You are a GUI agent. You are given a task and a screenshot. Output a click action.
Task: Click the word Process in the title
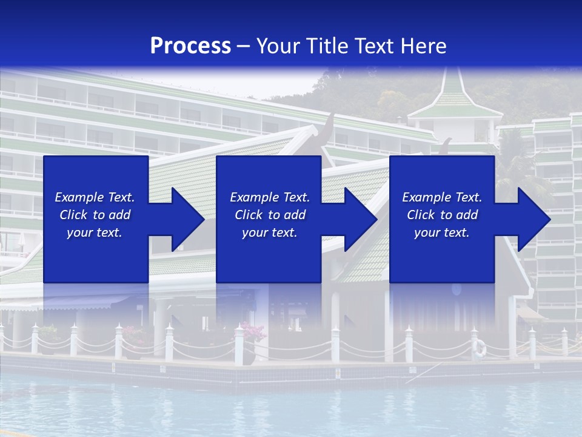point(190,46)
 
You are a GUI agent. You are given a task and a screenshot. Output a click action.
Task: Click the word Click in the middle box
point(249,215)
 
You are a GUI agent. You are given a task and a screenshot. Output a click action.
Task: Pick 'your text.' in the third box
point(441,232)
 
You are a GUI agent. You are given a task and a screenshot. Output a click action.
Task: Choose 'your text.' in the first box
point(95,232)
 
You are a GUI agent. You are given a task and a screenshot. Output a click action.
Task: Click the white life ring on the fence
point(480,347)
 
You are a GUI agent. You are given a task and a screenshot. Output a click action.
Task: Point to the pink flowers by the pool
point(253,332)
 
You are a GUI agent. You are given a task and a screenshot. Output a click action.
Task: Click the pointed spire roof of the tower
point(453,88)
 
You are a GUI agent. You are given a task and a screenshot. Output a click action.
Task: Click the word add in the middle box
point(293,215)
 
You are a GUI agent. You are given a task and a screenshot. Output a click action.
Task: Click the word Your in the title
point(278,46)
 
